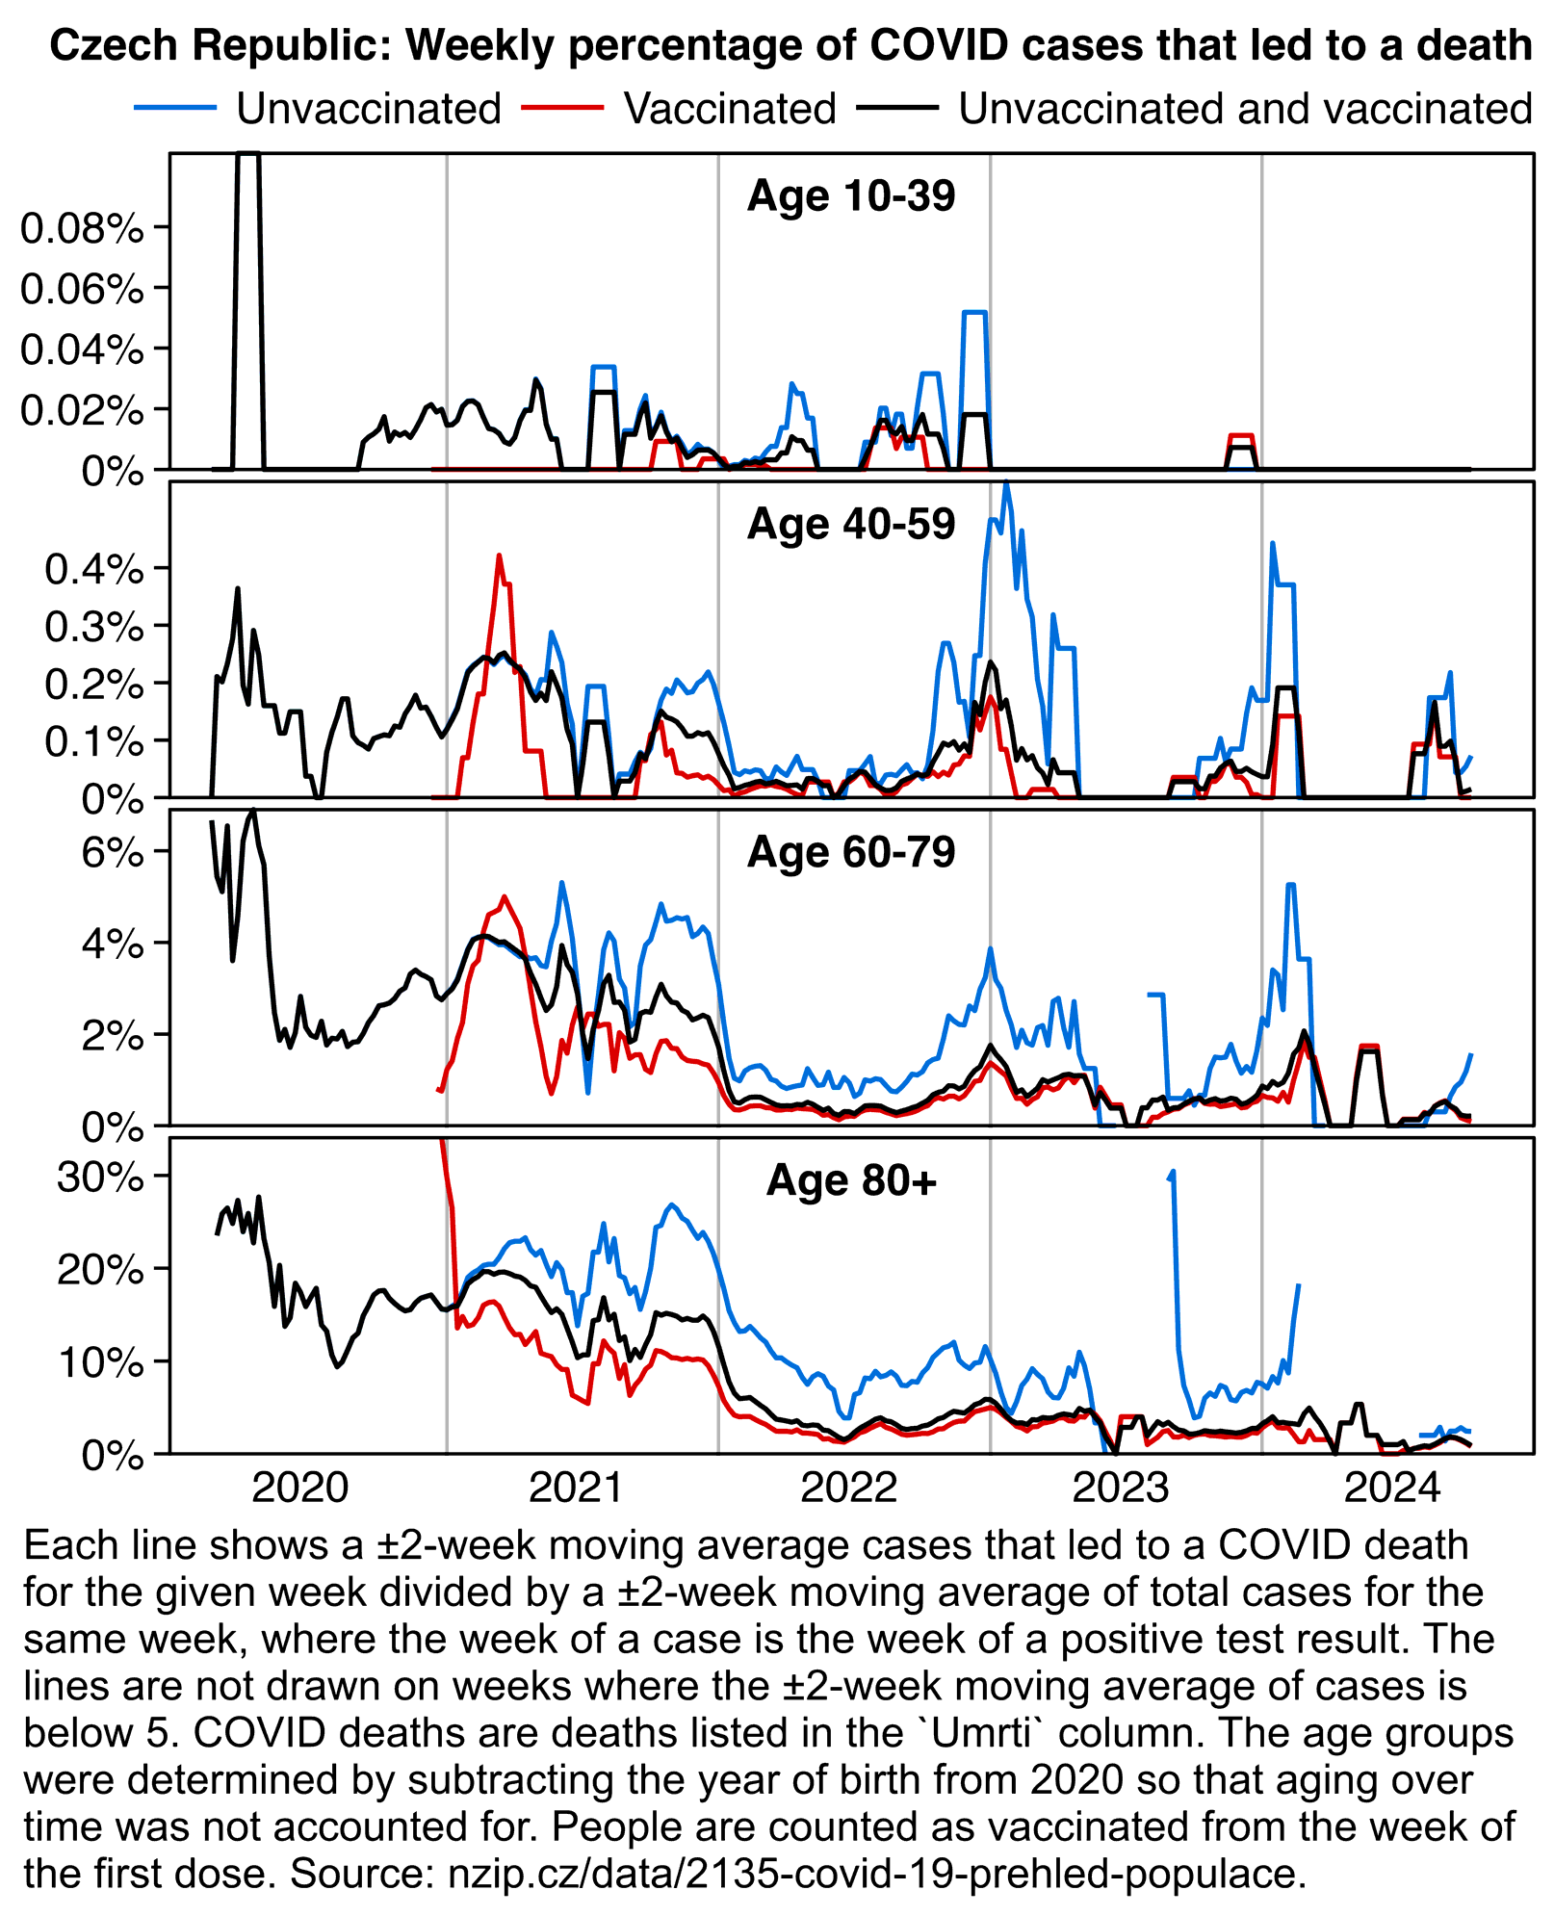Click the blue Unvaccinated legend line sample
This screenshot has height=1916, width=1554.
174,108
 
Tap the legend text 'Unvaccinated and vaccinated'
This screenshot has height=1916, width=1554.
1244,109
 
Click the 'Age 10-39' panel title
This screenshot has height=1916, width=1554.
851,195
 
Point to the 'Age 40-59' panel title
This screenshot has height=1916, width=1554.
851,524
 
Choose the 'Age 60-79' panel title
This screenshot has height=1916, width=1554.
851,852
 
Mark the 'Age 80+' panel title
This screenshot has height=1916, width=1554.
851,1180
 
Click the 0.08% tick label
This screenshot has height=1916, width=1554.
82,228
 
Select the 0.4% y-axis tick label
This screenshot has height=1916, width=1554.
94,568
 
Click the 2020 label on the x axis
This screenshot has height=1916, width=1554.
299,1489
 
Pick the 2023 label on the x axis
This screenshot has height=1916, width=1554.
1121,1489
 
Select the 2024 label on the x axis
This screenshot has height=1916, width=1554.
1392,1489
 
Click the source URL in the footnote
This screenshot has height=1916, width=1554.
876,1874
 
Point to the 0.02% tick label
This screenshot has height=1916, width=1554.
82,410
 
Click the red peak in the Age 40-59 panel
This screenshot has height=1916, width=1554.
499,556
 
